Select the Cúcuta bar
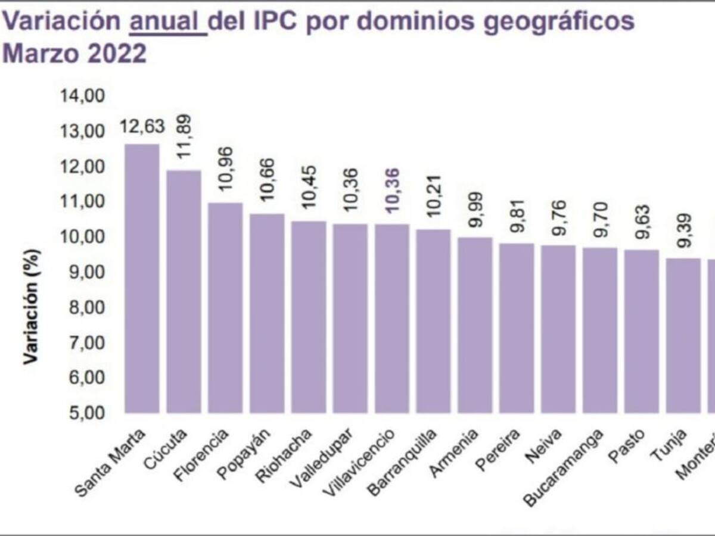pyautogui.click(x=184, y=291)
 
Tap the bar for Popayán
pyautogui.click(x=267, y=313)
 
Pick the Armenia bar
pyautogui.click(x=475, y=325)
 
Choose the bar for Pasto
pyautogui.click(x=641, y=331)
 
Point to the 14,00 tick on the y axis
pyautogui.click(x=83, y=96)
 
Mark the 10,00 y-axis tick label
pyautogui.click(x=83, y=237)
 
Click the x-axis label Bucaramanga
pyautogui.click(x=563, y=468)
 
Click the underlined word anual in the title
pyautogui.click(x=167, y=23)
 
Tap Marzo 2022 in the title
pyautogui.click(x=74, y=54)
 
